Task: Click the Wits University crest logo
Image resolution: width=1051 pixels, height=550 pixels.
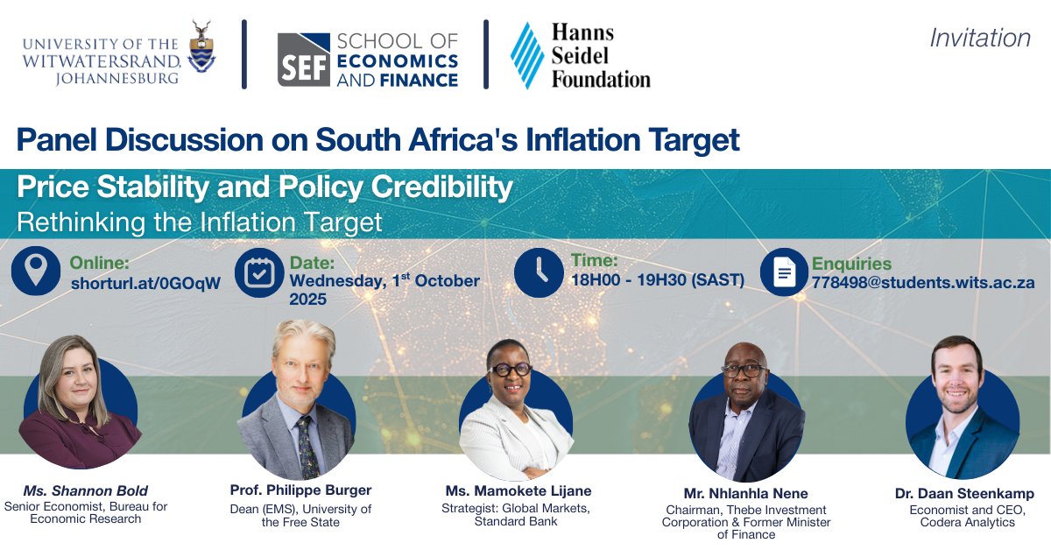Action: pos(202,48)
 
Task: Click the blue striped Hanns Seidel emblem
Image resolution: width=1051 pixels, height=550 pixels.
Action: pos(527,55)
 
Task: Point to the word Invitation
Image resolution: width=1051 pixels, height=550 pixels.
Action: pos(979,39)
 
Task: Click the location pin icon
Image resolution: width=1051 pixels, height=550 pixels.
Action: pos(36,271)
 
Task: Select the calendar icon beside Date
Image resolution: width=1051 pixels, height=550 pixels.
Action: pos(259,272)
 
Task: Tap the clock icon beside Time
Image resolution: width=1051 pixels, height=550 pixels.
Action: pos(538,272)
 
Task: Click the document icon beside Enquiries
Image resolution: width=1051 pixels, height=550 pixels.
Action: pos(784,272)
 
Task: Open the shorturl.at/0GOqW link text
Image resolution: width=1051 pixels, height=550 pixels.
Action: pos(145,283)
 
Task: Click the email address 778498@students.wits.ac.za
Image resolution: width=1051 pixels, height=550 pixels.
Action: pos(923,283)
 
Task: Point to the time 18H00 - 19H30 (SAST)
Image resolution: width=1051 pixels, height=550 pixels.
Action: pos(657,280)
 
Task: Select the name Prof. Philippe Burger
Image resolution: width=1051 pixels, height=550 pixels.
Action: pos(300,490)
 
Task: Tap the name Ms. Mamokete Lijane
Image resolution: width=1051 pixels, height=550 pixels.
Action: pos(516,490)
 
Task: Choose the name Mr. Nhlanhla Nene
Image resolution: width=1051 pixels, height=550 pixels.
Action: pos(746,493)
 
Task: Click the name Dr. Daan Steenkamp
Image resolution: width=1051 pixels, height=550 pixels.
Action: pos(964,494)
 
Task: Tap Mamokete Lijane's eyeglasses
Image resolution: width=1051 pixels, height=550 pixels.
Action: pos(511,370)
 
